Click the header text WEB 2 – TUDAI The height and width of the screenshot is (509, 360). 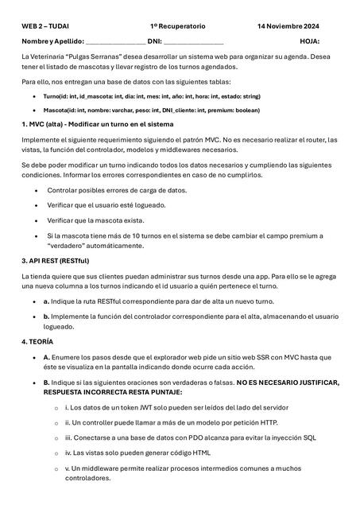point(46,26)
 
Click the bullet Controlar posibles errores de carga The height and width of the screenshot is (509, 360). point(117,190)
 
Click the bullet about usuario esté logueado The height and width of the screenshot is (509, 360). point(110,205)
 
